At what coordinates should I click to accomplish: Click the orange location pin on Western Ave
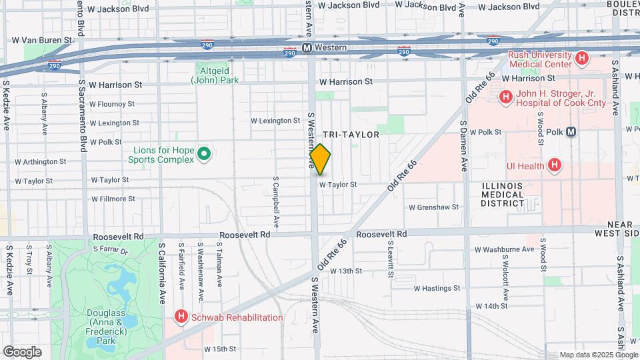(x=321, y=159)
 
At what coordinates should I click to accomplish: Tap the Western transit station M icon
(x=307, y=47)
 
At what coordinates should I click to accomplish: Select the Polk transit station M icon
(x=571, y=132)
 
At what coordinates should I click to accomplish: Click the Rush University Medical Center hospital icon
(x=582, y=59)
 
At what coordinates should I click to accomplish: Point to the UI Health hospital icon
(x=553, y=165)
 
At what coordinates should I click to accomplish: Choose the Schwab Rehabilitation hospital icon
(x=180, y=317)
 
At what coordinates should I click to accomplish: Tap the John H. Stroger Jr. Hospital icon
(x=505, y=97)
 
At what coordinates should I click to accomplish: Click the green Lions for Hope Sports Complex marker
(x=205, y=155)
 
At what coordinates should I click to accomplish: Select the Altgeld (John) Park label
(x=215, y=75)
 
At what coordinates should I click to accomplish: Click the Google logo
(x=22, y=352)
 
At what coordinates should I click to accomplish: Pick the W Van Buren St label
(x=42, y=41)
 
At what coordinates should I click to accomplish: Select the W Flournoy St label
(x=111, y=104)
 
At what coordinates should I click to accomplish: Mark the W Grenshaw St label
(x=434, y=207)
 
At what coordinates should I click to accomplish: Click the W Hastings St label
(x=437, y=289)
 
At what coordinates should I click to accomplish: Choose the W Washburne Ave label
(x=505, y=249)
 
